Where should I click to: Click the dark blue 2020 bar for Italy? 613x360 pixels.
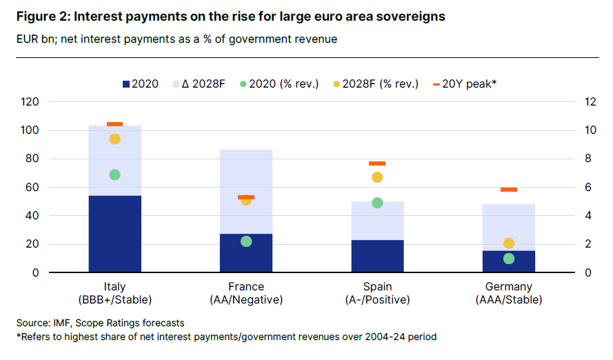(115, 234)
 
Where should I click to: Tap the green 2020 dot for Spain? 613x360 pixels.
(377, 203)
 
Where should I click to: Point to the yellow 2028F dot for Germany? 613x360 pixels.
(509, 243)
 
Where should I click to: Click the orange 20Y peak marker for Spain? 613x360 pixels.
(377, 163)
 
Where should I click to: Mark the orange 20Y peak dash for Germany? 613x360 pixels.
(509, 190)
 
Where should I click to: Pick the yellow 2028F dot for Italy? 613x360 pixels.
(115, 139)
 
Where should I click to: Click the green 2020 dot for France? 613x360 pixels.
(246, 241)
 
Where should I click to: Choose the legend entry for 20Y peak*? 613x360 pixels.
(464, 84)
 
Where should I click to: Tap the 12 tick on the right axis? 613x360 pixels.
(590, 102)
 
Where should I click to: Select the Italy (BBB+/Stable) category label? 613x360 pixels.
(115, 293)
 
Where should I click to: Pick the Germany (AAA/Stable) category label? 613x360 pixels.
(509, 293)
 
